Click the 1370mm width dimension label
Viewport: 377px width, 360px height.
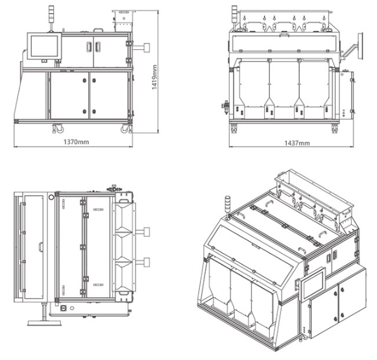(x=76, y=142)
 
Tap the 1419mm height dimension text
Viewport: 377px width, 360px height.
(x=154, y=77)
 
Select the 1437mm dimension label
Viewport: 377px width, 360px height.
(x=297, y=143)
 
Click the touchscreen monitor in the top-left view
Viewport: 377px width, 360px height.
(x=44, y=46)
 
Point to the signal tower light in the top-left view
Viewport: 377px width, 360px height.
(x=51, y=14)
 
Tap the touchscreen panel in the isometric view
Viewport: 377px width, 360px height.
(x=313, y=284)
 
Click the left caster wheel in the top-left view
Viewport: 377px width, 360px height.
(x=58, y=128)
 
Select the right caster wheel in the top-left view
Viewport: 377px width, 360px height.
(x=125, y=128)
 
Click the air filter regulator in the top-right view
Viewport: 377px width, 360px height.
(x=226, y=105)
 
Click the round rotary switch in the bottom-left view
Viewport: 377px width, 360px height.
(x=64, y=307)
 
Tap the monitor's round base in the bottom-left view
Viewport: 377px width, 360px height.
(x=45, y=322)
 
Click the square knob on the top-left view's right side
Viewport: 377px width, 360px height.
(x=147, y=47)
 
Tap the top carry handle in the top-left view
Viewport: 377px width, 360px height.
(x=99, y=30)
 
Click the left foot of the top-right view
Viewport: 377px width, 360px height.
(x=234, y=129)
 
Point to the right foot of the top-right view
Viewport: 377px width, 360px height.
(x=334, y=129)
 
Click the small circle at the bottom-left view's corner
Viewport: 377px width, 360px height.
(x=51, y=198)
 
